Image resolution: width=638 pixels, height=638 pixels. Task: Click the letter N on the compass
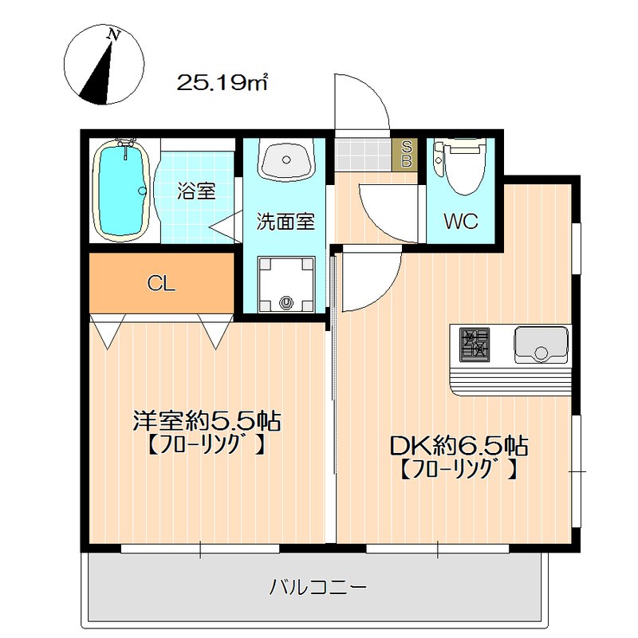[x=113, y=34]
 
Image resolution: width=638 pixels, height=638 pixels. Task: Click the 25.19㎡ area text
[x=223, y=83]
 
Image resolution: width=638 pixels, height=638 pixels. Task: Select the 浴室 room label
[x=196, y=191]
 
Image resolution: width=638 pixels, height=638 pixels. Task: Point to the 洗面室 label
[x=286, y=222]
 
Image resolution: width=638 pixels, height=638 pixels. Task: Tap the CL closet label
[x=161, y=284]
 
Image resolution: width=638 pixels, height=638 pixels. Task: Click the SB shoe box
[x=405, y=155]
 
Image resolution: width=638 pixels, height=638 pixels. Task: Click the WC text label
[x=461, y=221]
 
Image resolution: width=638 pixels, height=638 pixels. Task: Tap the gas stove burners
[x=475, y=345]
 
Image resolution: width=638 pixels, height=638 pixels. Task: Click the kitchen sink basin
[x=542, y=345]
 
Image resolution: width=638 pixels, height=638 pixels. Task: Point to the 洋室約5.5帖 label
[x=207, y=421]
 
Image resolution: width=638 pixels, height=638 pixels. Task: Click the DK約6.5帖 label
[x=459, y=446]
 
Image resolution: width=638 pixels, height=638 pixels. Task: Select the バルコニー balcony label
[x=317, y=587]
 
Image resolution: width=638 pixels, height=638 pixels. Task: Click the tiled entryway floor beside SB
[x=363, y=155]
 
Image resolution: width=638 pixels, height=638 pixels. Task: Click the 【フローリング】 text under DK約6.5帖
[x=459, y=469]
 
